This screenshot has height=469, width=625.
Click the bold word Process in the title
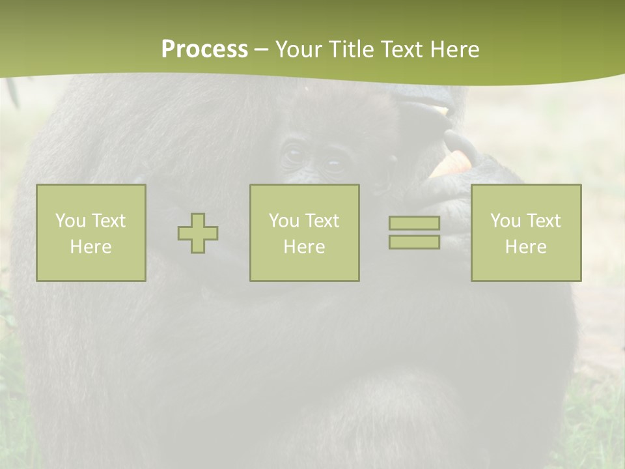[204, 50]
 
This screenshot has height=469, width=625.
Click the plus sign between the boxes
[198, 233]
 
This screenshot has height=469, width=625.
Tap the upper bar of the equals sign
[414, 223]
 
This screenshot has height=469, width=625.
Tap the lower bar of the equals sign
[414, 242]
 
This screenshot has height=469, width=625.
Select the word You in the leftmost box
[70, 221]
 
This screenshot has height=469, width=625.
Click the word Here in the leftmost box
[90, 247]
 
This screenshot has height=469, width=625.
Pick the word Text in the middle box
[322, 221]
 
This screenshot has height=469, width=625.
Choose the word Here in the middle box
[304, 247]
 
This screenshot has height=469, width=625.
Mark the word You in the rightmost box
[505, 221]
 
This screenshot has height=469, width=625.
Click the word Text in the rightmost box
[543, 221]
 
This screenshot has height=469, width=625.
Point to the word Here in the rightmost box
[525, 247]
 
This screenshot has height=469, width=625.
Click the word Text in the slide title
[404, 50]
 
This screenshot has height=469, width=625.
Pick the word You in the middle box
[283, 221]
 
